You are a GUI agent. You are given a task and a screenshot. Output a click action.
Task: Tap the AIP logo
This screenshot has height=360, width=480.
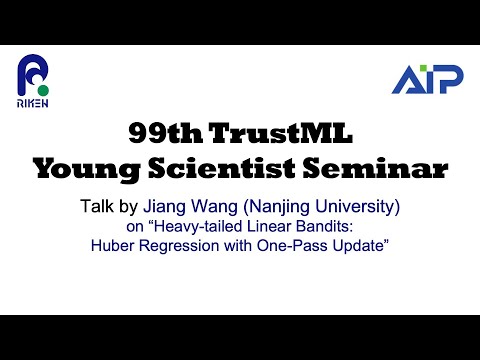427,79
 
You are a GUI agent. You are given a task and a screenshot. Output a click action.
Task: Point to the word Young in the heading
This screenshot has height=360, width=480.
83,169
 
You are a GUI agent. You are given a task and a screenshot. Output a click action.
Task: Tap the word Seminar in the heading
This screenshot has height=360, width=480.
377,169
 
